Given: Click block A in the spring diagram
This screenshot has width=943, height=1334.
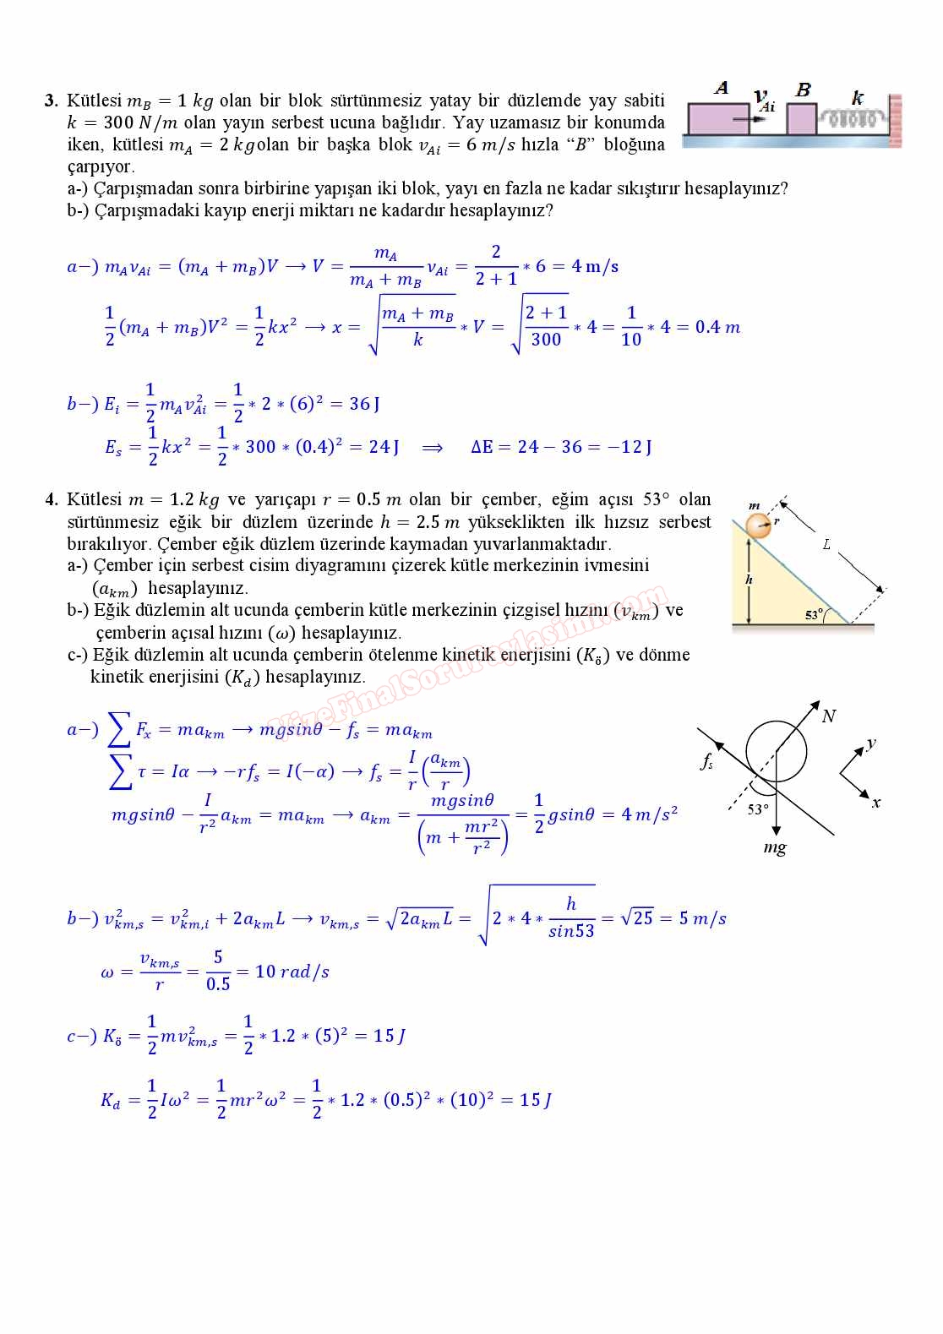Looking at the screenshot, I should pyautogui.click(x=717, y=119).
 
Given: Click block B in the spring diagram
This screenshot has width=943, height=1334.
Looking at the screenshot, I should pyautogui.click(x=801, y=118).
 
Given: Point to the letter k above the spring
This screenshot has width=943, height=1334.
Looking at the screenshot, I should pyautogui.click(x=858, y=97).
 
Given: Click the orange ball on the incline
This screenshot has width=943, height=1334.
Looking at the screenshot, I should pyautogui.click(x=760, y=525).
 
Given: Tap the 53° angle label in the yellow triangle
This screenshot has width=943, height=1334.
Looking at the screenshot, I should pyautogui.click(x=814, y=615).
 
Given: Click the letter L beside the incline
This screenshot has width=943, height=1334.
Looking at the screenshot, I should pyautogui.click(x=826, y=544).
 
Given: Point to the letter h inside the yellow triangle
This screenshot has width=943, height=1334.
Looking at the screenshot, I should pyautogui.click(x=749, y=580).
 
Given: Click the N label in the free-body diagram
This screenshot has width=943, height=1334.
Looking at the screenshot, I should pyautogui.click(x=828, y=716).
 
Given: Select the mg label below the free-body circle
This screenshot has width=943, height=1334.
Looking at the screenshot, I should pyautogui.click(x=774, y=847).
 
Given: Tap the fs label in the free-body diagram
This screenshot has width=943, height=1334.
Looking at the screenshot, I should pyautogui.click(x=706, y=760).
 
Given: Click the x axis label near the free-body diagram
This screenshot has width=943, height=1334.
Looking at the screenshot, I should pyautogui.click(x=876, y=803).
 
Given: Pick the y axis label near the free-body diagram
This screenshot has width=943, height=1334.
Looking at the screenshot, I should pyautogui.click(x=870, y=743).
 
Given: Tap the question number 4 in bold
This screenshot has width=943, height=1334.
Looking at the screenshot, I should pyautogui.click(x=50, y=499).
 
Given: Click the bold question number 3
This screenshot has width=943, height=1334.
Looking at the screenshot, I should pyautogui.click(x=50, y=101).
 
